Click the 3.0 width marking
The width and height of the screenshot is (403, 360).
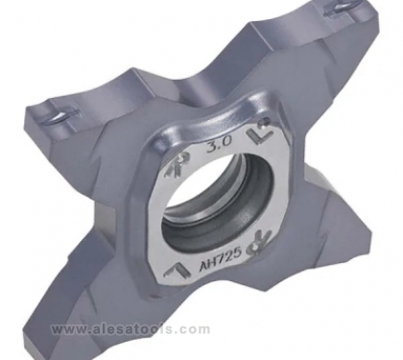[219, 146]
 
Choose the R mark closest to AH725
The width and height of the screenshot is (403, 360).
[261, 242]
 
